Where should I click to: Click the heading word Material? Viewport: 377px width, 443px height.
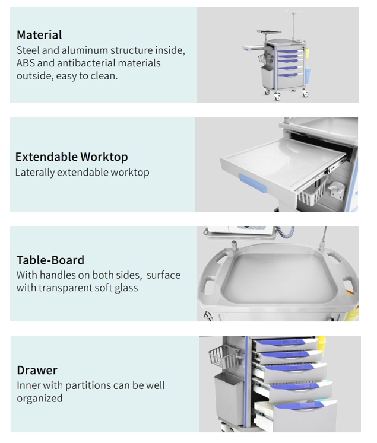coord(39,35)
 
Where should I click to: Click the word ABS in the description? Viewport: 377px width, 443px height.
coord(26,63)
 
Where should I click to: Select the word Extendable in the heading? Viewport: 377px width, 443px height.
coord(46,157)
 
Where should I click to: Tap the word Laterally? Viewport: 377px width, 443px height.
coord(35,173)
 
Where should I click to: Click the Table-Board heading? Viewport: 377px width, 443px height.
coord(50,260)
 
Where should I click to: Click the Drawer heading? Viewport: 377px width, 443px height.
coord(37,371)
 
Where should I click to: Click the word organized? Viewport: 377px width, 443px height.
coord(40,399)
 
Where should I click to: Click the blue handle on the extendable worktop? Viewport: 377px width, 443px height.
coord(252,183)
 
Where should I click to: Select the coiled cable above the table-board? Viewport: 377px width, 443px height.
coord(286,232)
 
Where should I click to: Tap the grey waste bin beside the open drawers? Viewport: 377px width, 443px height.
coord(229,399)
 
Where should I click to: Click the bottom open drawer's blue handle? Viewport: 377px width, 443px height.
coord(299,406)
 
